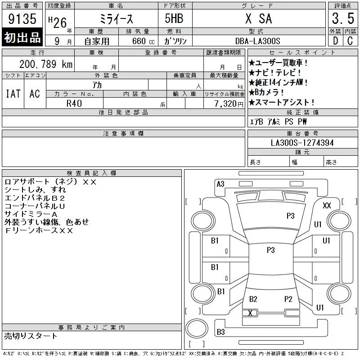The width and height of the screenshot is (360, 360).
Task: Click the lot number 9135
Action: (x=22, y=19)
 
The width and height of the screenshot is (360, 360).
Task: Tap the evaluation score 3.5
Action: (x=343, y=18)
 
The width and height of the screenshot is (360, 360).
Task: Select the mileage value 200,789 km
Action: (x=46, y=64)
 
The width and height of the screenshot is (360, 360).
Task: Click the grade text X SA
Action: (x=258, y=18)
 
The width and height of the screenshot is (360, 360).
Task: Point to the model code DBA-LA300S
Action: (x=257, y=41)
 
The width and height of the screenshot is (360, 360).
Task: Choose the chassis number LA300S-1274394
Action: (x=302, y=143)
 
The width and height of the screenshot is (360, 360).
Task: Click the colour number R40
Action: (x=74, y=103)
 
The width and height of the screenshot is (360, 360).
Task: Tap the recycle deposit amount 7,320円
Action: (x=229, y=103)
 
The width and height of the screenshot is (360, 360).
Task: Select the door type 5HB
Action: (x=174, y=18)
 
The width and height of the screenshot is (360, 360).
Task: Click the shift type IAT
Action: (x=13, y=94)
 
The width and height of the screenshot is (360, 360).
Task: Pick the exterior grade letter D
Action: (x=335, y=41)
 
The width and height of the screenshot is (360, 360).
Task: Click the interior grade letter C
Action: (x=350, y=41)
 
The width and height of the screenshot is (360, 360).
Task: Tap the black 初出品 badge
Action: (x=22, y=37)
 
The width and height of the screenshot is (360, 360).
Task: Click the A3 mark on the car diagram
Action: (x=220, y=184)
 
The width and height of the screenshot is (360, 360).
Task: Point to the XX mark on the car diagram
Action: (x=327, y=206)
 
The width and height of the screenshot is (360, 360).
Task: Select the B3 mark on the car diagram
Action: (x=220, y=332)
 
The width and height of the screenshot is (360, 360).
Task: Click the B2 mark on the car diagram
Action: (x=253, y=299)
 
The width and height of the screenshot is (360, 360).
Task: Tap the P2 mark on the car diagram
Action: (x=288, y=299)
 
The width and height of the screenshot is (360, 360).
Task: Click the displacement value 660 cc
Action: (x=143, y=41)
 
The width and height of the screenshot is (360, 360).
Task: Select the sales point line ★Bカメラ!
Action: (x=266, y=92)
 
